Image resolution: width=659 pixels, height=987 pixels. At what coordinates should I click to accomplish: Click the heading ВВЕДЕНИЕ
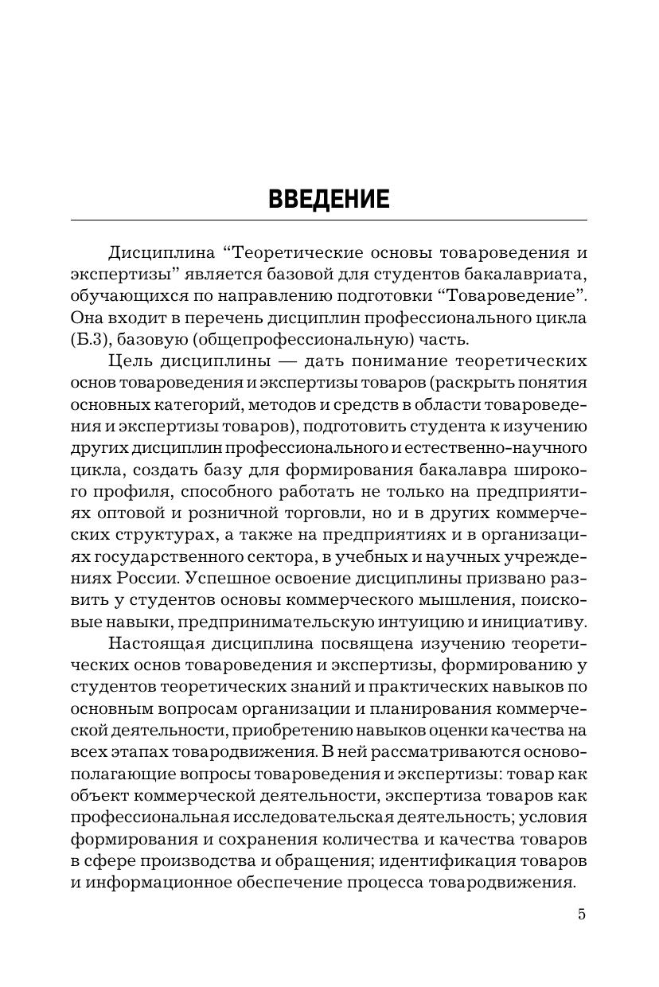point(329,199)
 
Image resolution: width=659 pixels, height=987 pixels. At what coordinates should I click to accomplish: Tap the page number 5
point(582,914)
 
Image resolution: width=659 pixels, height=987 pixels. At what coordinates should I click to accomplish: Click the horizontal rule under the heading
point(329,220)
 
